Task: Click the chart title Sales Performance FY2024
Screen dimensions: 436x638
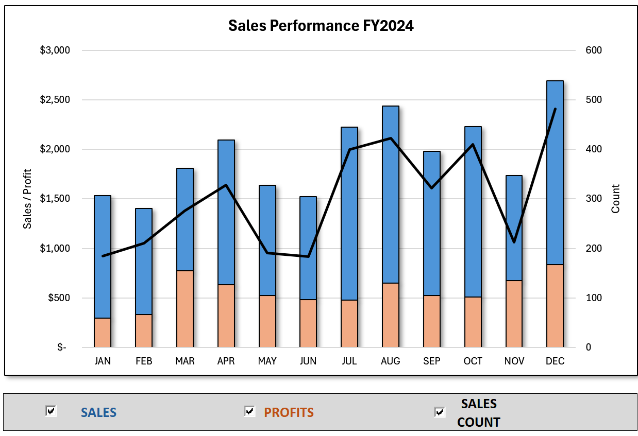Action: coord(321,26)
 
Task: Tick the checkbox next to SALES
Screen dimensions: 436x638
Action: coord(51,411)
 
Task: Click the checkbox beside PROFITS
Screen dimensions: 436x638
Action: coord(249,411)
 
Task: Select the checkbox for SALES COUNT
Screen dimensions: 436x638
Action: coord(440,412)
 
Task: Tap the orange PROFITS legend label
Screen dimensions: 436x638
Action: coord(289,413)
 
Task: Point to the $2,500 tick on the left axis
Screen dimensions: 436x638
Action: coord(55,100)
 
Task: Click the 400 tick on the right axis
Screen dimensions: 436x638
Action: coord(593,149)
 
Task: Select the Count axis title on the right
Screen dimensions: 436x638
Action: coord(615,199)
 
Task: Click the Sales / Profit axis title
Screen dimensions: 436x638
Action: coord(27,199)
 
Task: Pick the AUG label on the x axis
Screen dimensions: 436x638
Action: coord(390,361)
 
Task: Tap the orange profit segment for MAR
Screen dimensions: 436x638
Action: coord(185,309)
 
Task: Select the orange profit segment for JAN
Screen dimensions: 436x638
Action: coord(103,333)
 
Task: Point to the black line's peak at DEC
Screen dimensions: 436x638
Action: coord(555,109)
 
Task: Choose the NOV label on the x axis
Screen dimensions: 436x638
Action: coord(514,361)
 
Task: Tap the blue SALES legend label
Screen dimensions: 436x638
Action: coord(98,413)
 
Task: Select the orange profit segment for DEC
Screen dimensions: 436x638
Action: coord(555,306)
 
